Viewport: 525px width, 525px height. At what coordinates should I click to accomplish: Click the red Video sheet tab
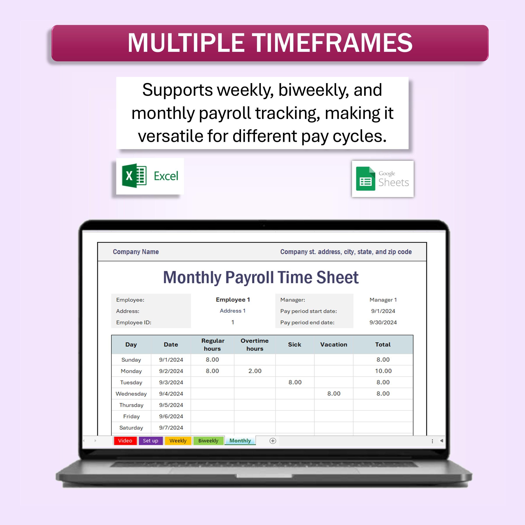125,441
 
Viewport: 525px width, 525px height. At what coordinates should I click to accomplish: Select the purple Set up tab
150,441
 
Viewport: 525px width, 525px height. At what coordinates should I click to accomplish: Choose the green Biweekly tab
208,441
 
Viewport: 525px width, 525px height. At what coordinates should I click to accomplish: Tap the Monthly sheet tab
240,441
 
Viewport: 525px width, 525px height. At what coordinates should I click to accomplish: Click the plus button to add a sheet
273,441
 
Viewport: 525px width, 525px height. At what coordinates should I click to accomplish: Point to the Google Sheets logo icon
366,178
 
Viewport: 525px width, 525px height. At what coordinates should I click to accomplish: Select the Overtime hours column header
255,344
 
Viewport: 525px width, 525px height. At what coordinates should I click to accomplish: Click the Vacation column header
333,344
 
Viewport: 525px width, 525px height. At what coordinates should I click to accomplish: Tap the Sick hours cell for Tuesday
295,382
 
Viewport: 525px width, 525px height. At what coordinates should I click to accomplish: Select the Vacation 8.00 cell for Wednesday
333,394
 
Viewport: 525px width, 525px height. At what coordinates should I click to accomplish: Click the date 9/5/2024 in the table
171,405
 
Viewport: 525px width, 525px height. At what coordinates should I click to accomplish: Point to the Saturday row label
131,427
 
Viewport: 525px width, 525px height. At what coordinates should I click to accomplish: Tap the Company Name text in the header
136,252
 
